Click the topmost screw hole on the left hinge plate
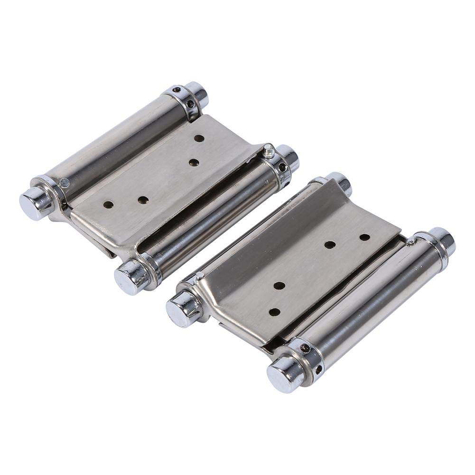point(199,138)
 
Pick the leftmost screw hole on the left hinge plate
point(108,205)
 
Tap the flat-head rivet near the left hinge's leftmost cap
point(64,183)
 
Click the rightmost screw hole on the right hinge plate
point(364,236)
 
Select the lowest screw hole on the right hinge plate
point(275,312)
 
